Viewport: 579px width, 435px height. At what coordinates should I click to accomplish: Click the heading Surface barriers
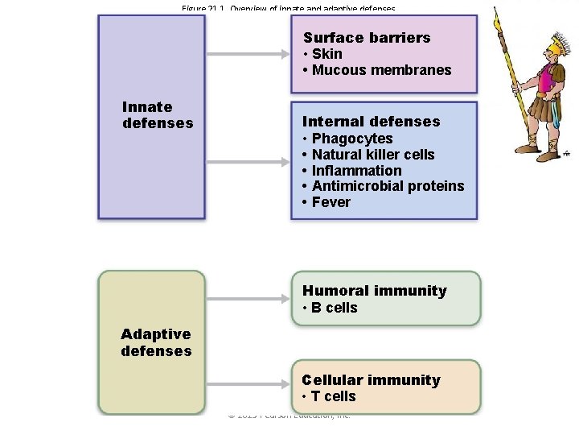pyautogui.click(x=367, y=38)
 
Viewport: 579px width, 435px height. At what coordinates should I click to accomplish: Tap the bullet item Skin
pyautogui.click(x=326, y=54)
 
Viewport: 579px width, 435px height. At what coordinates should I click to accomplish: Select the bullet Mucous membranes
pyautogui.click(x=381, y=70)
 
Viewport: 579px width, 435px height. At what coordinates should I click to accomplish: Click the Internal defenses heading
pyautogui.click(x=371, y=122)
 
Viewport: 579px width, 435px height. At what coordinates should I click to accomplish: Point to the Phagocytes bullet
pyautogui.click(x=352, y=139)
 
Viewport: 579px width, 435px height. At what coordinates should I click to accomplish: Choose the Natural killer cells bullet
pyautogui.click(x=373, y=155)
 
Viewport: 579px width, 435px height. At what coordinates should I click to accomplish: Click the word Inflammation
pyautogui.click(x=356, y=171)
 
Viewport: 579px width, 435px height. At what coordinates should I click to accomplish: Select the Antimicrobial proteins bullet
pyautogui.click(x=388, y=186)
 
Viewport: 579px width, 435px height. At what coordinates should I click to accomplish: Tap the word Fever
pyautogui.click(x=331, y=202)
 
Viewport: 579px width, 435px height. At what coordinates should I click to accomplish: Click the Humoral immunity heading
pyautogui.click(x=374, y=291)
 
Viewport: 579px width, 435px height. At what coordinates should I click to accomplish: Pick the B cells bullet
pyautogui.click(x=335, y=308)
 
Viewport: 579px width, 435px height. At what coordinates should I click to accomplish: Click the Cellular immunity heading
pyautogui.click(x=371, y=380)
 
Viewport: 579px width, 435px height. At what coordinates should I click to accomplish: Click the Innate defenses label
pyautogui.click(x=157, y=115)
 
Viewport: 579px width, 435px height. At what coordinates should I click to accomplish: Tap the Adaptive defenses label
pyautogui.click(x=156, y=342)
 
